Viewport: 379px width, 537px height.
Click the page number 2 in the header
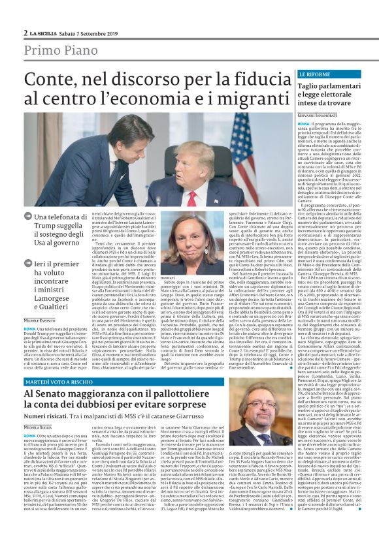pos(25,32)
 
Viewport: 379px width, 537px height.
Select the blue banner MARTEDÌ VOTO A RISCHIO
pos(60,381)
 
